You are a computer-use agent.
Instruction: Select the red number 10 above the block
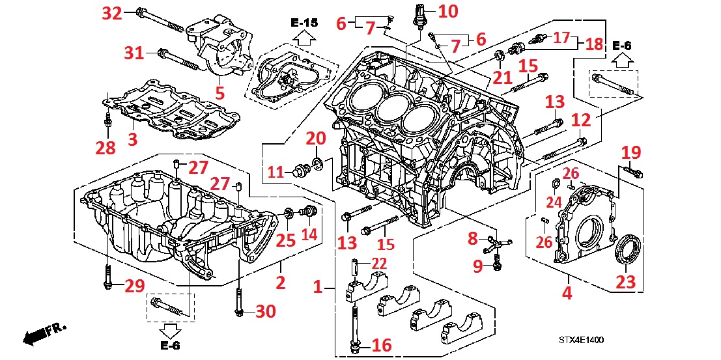[447, 10]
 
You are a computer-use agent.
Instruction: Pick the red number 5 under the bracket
[220, 93]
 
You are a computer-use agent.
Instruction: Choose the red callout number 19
[631, 153]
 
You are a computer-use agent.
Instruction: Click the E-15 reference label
[305, 23]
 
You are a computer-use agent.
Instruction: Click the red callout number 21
[502, 78]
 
